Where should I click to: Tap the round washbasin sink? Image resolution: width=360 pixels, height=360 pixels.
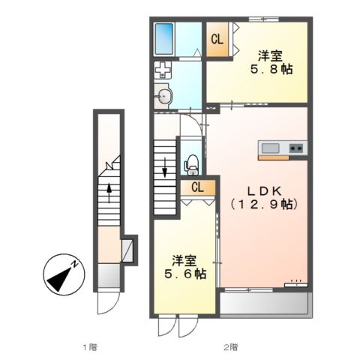pyautogui.click(x=164, y=94)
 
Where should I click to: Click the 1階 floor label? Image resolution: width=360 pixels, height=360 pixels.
pyautogui.click(x=89, y=347)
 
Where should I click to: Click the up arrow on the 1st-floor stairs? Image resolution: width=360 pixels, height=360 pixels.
pyautogui.click(x=109, y=193)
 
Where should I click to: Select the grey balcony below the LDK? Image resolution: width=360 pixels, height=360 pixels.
pyautogui.click(x=265, y=303)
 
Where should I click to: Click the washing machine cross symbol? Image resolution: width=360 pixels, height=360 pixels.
pyautogui.click(x=163, y=71)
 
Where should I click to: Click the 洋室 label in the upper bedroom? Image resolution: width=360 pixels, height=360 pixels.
pyautogui.click(x=270, y=55)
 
